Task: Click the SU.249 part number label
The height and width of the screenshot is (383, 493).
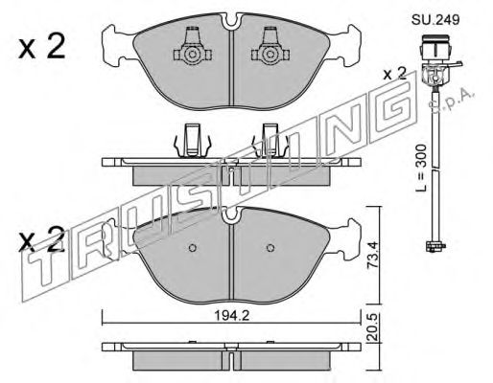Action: (435, 20)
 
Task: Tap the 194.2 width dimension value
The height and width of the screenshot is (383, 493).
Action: (231, 316)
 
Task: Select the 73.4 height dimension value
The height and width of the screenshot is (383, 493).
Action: (371, 255)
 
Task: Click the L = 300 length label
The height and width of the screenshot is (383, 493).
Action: (421, 169)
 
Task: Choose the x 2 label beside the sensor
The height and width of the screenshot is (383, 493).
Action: (395, 75)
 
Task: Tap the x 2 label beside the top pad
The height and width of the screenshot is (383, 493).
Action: (42, 47)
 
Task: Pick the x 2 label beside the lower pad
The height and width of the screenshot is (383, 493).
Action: (42, 239)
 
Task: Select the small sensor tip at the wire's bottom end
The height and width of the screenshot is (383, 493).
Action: (435, 246)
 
